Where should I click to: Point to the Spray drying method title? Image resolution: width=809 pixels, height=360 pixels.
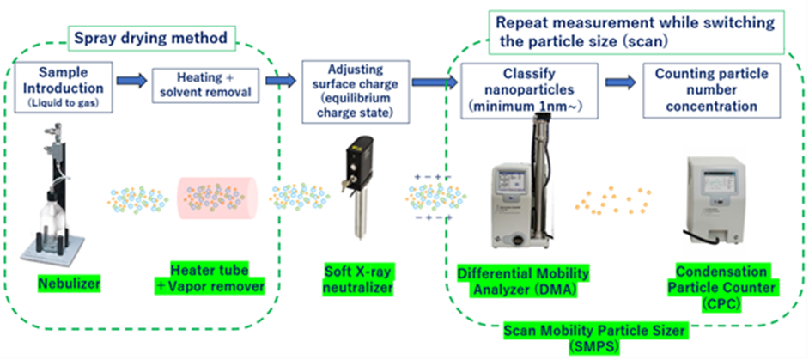150,38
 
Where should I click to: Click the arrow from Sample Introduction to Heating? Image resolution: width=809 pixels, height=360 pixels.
130,81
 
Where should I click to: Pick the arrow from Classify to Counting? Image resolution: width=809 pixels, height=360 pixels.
617,82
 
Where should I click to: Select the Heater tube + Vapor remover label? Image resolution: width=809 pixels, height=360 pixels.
206,278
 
